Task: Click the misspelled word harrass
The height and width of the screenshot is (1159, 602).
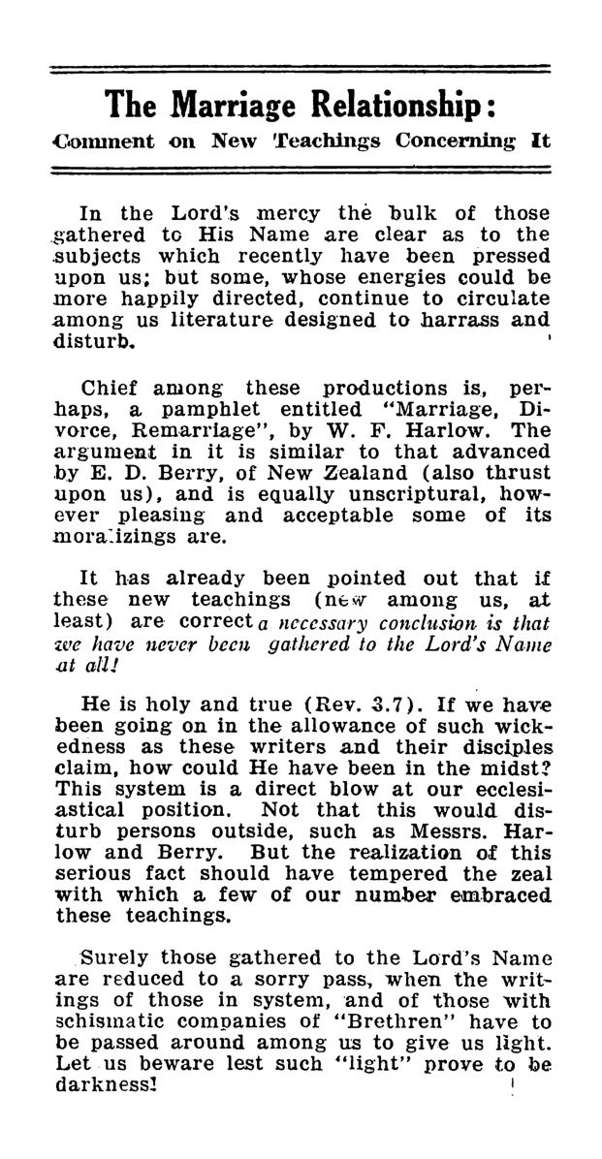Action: tap(465, 321)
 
